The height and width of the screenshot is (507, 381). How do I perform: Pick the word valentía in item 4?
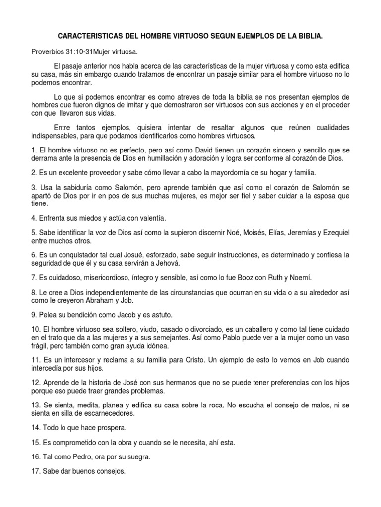149,218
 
